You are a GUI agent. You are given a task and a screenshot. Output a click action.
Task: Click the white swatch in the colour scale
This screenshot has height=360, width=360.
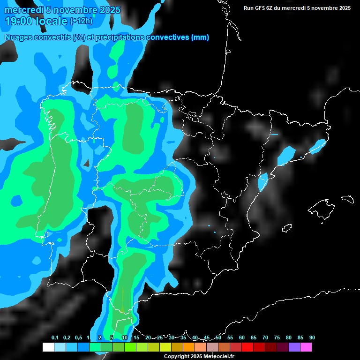[x=48, y=347]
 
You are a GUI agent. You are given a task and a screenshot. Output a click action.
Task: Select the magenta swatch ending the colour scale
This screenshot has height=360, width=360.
[x=306, y=347]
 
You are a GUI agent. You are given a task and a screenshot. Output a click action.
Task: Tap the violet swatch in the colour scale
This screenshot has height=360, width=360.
[x=294, y=347]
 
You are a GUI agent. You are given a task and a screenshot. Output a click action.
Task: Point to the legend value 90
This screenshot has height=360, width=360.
[x=312, y=337]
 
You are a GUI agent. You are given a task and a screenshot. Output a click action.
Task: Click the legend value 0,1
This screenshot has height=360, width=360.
[x=55, y=337]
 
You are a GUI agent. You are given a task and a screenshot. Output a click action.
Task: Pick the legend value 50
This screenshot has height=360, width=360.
[x=218, y=337]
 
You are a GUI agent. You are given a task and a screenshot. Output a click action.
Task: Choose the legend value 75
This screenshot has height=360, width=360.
[x=277, y=337]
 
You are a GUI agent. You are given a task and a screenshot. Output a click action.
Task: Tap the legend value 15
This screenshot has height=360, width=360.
[x=136, y=337]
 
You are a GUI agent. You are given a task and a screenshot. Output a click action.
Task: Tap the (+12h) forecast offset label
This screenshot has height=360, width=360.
[x=81, y=21]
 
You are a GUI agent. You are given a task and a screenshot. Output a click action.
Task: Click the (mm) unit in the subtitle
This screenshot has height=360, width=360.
[x=200, y=37]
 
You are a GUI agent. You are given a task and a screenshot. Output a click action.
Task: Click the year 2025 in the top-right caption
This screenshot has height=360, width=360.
[x=343, y=8]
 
